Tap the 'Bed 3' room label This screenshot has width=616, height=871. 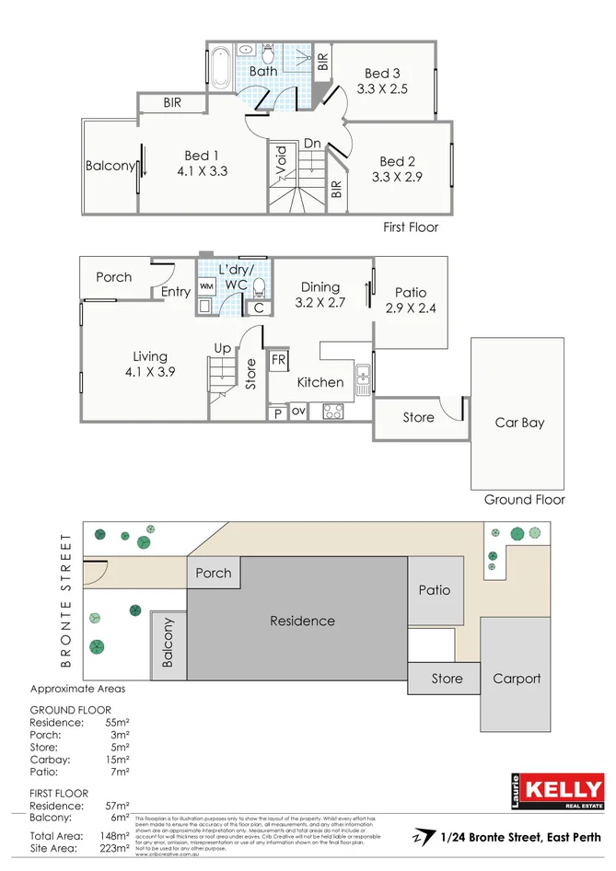[382, 74]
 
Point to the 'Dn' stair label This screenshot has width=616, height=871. [312, 144]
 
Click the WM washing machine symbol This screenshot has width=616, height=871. [207, 286]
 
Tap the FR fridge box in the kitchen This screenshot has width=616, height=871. [278, 360]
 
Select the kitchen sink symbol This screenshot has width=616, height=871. [363, 376]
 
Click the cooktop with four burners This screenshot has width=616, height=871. [333, 412]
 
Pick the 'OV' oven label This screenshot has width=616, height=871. [298, 412]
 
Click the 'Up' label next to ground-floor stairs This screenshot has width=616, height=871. [223, 349]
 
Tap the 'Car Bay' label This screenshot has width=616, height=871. [519, 423]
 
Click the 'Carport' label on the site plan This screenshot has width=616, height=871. [517, 679]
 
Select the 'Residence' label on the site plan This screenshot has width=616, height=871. [302, 621]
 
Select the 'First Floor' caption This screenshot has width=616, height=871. [411, 226]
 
